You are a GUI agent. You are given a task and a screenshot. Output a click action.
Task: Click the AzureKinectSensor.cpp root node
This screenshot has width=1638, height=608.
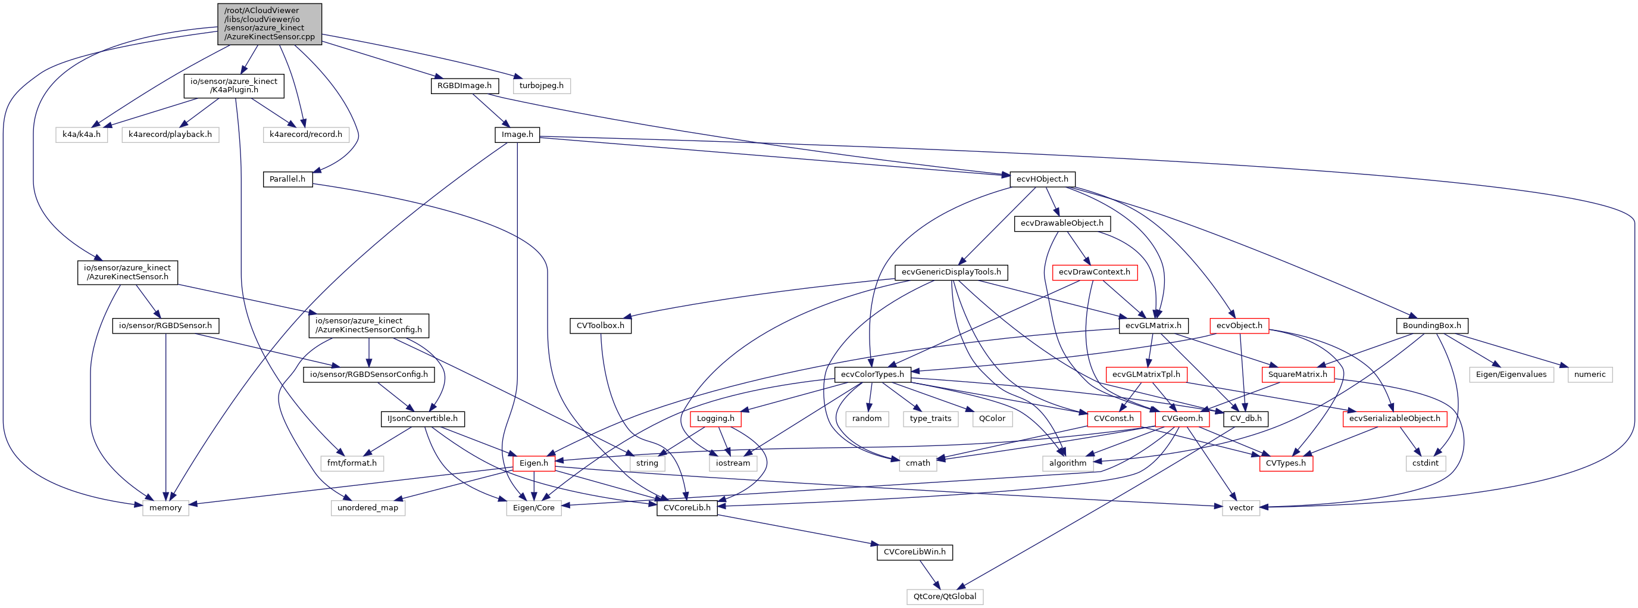pos(269,24)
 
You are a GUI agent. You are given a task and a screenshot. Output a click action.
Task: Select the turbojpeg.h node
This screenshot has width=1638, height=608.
pos(541,85)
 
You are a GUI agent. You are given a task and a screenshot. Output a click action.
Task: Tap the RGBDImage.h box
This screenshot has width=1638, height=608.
pos(464,85)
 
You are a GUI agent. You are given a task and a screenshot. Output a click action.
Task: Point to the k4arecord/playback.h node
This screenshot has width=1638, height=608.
pos(170,134)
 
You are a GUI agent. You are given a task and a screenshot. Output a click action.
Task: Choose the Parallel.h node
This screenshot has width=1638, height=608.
pos(287,179)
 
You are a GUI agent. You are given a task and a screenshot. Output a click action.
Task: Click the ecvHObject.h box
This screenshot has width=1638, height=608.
pos(1042,179)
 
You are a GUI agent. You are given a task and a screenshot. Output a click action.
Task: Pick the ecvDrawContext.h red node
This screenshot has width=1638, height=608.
pos(1095,272)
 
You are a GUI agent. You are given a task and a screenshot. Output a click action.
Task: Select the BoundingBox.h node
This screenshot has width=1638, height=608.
pos(1431,325)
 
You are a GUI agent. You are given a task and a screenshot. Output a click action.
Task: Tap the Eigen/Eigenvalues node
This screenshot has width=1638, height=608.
pos(1511,374)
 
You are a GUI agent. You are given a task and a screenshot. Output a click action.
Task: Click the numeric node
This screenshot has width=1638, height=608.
pos(1590,374)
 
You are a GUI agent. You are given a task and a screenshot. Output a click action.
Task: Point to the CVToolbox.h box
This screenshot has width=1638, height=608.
pos(600,325)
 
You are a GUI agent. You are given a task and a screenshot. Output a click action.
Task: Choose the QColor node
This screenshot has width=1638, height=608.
pos(992,418)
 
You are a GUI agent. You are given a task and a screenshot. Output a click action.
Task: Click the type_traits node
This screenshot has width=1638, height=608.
pos(930,418)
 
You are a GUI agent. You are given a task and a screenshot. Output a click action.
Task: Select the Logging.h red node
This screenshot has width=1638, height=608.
pos(715,418)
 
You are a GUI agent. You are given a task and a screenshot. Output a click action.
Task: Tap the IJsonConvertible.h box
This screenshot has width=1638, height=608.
pos(422,418)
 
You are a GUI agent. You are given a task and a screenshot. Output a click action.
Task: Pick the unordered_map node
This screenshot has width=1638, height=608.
pos(367,507)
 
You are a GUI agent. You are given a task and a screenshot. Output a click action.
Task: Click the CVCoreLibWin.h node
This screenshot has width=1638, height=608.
pos(914,551)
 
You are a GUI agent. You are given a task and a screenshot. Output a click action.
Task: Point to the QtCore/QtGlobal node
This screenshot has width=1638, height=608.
pos(944,596)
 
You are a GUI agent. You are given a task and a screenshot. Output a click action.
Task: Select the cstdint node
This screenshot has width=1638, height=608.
pos(1425,462)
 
